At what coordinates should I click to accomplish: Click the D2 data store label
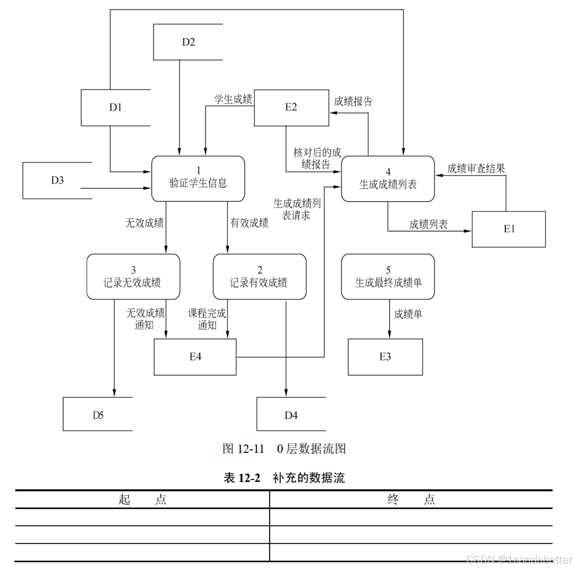188,42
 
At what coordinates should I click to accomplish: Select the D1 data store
115,108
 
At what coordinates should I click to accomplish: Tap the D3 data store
57,180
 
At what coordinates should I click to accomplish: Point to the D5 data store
98,415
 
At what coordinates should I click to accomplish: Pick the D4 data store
291,415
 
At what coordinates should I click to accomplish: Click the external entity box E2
291,108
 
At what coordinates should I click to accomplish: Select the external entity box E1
509,229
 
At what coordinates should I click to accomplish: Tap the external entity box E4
195,357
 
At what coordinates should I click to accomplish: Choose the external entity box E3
385,357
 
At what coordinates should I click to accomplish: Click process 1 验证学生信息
198,179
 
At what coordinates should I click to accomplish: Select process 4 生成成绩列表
388,179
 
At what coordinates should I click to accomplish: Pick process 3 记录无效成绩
133,277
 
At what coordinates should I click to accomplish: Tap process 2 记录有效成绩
260,277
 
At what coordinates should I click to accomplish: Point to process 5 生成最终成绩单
388,277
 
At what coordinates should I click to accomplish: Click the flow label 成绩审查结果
476,169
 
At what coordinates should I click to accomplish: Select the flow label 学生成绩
233,99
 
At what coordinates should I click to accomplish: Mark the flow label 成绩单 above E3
408,315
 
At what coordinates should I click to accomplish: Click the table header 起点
142,500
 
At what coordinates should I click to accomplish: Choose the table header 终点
411,500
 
